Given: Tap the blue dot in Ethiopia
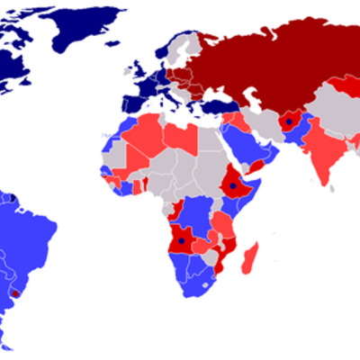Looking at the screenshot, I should click(x=233, y=186).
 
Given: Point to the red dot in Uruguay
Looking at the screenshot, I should click(x=15, y=292).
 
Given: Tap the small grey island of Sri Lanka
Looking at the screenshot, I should click(x=332, y=188).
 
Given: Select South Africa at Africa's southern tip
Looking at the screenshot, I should click(x=198, y=283).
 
